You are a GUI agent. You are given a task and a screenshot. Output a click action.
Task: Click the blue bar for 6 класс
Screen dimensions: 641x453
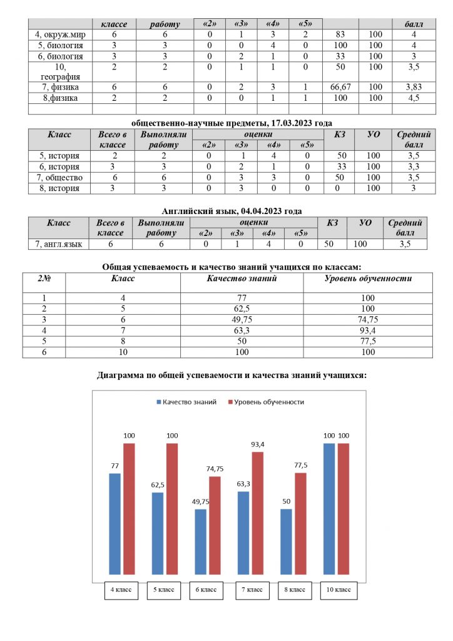coord(200,541)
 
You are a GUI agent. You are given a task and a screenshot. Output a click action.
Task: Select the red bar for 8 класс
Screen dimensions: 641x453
coord(300,523)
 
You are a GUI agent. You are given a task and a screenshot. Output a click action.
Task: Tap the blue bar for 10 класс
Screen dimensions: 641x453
coord(329,508)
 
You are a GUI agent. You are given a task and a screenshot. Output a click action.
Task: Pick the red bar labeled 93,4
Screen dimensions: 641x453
coord(258,513)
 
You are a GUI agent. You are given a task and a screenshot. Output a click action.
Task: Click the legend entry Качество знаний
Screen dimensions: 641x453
coord(186,402)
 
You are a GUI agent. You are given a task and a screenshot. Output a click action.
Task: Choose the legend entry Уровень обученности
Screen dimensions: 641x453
coord(265,402)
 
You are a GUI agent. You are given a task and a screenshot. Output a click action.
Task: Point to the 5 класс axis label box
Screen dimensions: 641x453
coord(163,590)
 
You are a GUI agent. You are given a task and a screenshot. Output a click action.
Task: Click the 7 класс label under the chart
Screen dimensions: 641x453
coord(248,590)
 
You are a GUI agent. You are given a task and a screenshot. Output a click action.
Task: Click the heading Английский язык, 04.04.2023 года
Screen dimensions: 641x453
coord(226,211)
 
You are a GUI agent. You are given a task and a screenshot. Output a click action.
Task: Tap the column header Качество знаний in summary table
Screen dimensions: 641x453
coord(241,279)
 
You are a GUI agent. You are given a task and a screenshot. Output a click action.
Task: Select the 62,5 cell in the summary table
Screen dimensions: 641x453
coord(241,309)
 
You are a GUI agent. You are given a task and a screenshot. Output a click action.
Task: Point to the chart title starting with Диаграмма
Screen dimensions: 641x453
coord(232,376)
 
